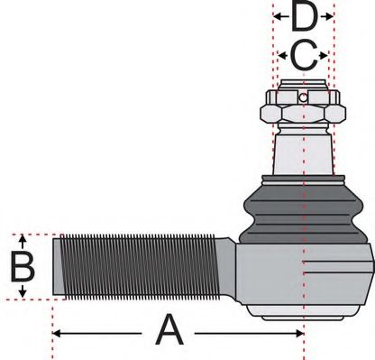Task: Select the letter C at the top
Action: coord(304,57)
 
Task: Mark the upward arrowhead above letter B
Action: coord(22,239)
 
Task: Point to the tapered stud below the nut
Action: coord(304,149)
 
